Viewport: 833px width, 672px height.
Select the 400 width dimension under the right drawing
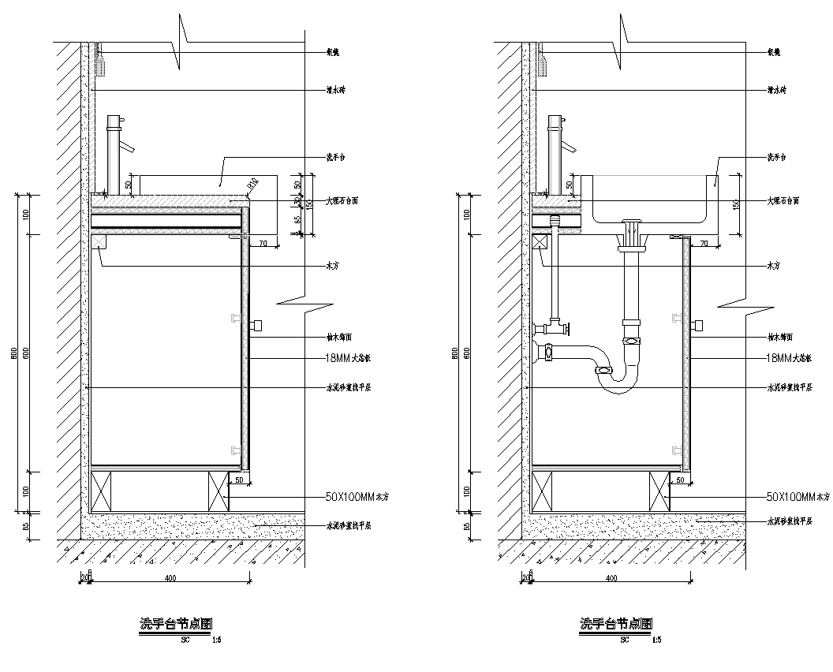click(611, 578)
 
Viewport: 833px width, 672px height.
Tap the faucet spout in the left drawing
click(126, 147)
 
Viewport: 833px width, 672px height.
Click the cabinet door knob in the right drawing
click(697, 325)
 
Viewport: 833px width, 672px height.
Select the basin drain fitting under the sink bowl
click(631, 233)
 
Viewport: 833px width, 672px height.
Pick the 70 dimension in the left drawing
click(263, 242)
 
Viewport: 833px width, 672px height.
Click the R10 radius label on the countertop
click(252, 185)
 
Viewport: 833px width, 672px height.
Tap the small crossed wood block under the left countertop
click(99, 241)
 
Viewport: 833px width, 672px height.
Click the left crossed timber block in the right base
click(544, 490)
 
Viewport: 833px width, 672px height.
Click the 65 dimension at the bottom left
click(26, 526)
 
